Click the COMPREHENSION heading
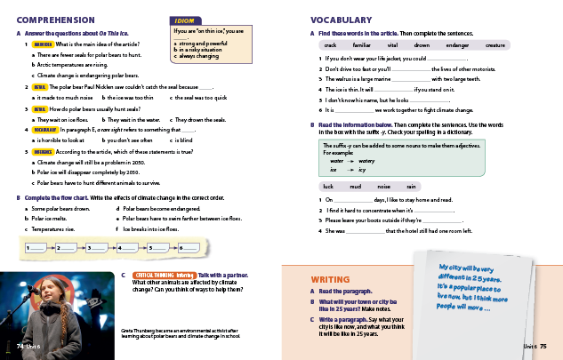coord(56,19)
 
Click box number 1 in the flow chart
coord(36,249)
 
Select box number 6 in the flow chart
coord(188,249)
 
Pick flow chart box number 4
coord(127,249)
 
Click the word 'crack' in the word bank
coord(331,44)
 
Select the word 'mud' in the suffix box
coord(355,187)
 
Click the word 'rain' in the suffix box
coord(411,187)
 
